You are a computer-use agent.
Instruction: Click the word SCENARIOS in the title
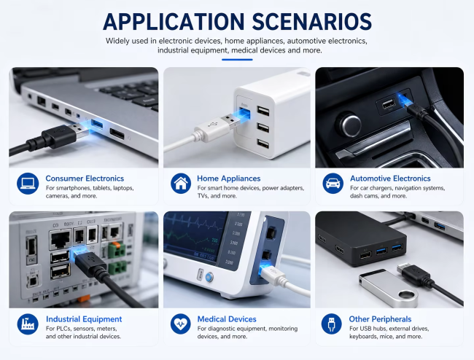[311, 22]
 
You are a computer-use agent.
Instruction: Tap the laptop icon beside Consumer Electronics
[28, 184]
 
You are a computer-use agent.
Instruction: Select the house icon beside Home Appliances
[181, 184]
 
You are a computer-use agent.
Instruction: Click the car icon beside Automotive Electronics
[333, 184]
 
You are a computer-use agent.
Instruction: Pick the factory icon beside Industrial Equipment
[28, 324]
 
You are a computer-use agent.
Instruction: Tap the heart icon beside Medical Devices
[180, 324]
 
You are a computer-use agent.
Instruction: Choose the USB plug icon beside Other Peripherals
[331, 324]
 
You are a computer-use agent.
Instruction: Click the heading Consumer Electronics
[85, 179]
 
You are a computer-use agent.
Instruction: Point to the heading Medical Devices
[227, 319]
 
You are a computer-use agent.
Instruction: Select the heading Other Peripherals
[380, 319]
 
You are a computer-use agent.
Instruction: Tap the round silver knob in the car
[350, 125]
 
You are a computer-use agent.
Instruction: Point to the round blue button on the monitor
[209, 277]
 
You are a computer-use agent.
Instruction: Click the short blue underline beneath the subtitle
[237, 60]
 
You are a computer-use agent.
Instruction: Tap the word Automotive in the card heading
[370, 179]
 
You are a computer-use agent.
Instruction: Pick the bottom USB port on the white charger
[263, 144]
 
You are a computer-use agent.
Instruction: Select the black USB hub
[361, 238]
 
